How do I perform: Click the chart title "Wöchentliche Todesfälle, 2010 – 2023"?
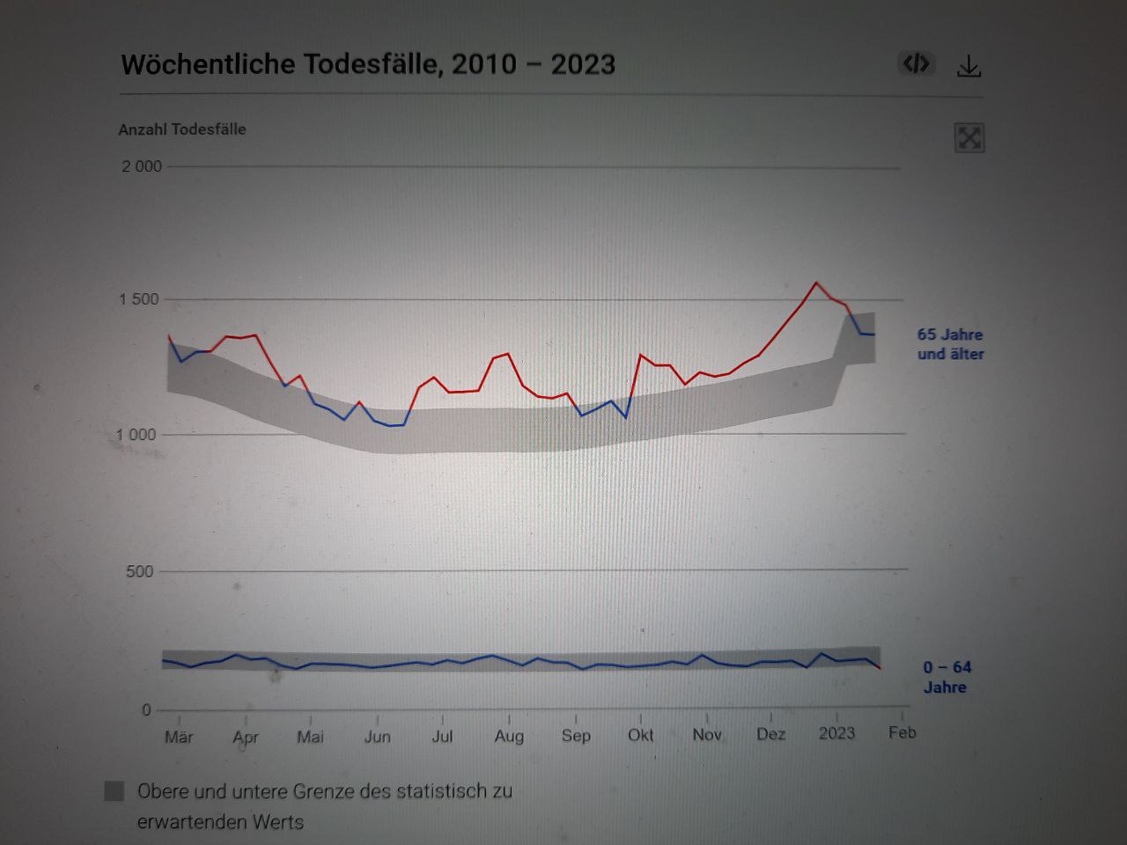click(368, 64)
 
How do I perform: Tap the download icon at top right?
click(969, 66)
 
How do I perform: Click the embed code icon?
click(916, 63)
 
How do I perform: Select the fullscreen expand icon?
click(969, 138)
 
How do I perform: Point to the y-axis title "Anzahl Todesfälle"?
click(182, 129)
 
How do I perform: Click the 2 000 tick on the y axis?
click(142, 166)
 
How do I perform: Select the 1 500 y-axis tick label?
click(139, 299)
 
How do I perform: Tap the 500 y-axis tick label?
click(139, 571)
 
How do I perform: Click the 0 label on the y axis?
click(146, 710)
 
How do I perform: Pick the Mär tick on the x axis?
click(179, 737)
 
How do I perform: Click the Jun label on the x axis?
click(377, 737)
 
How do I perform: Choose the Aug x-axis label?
click(509, 736)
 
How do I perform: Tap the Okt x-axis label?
click(640, 735)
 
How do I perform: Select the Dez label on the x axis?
click(770, 734)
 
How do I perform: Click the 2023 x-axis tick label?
click(836, 733)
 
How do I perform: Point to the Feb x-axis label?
click(902, 732)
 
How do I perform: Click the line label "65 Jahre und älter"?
click(950, 344)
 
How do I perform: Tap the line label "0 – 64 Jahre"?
click(947, 677)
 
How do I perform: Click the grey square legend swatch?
click(114, 790)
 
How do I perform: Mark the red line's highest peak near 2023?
click(816, 283)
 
